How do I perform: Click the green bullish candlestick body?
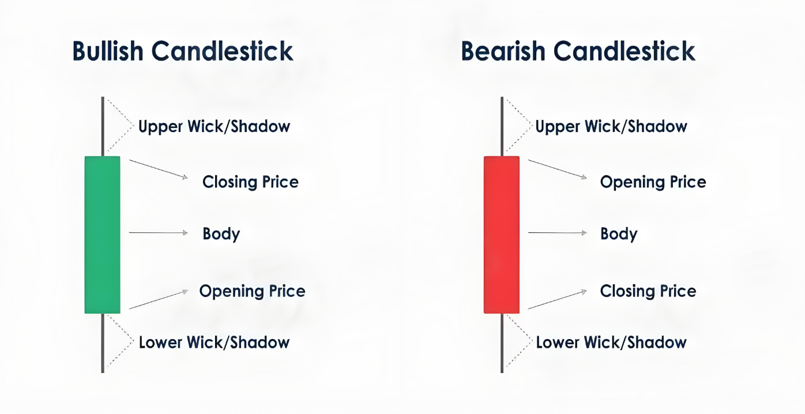coord(103,235)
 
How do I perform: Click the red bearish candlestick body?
coord(502,235)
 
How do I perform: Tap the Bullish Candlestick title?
coord(183,51)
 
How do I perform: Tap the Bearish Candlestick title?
coord(578,51)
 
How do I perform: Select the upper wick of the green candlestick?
coord(103,126)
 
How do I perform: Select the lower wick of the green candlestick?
coord(103,343)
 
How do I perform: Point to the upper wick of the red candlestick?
coord(502,126)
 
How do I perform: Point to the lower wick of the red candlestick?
coord(502,343)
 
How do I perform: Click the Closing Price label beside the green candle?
coord(250,182)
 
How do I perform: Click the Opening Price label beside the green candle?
coord(252,291)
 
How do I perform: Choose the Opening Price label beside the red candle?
coord(653,182)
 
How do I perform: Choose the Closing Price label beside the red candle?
coord(648,291)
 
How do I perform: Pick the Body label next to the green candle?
coord(221,234)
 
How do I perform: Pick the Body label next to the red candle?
coord(619,234)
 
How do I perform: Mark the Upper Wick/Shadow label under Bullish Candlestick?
coord(214,126)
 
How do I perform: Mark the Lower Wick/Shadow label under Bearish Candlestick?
coord(611,343)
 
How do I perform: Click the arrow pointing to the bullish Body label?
coord(159,233)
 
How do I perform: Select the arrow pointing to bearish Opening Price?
coord(558,169)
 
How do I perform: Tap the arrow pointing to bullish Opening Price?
coord(159,299)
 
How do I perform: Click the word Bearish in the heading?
coord(503,51)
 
